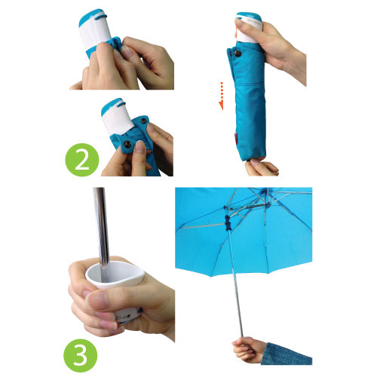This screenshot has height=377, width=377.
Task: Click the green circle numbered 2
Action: click(x=82, y=160)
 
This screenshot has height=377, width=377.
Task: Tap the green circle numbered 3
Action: click(x=81, y=355)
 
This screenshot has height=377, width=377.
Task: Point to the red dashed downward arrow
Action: click(x=221, y=96)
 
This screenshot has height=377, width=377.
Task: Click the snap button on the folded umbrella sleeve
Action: click(x=238, y=53)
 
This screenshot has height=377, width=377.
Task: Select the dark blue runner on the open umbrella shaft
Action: click(x=228, y=223)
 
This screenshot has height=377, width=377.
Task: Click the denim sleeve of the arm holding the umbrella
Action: click(x=287, y=354)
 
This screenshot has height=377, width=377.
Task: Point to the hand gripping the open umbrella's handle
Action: click(x=247, y=349)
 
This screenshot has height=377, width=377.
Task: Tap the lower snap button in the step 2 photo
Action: click(x=127, y=144)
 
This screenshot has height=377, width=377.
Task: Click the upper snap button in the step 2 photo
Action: click(x=144, y=121)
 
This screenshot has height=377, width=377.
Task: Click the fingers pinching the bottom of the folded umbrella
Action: click(x=262, y=167)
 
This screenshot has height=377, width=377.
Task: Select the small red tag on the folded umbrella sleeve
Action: click(x=236, y=136)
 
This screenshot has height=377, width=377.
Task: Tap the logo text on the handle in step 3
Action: click(x=123, y=317)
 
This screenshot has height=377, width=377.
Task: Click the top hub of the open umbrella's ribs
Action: click(x=264, y=192)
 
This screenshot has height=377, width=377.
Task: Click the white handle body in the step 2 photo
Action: click(x=118, y=118)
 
